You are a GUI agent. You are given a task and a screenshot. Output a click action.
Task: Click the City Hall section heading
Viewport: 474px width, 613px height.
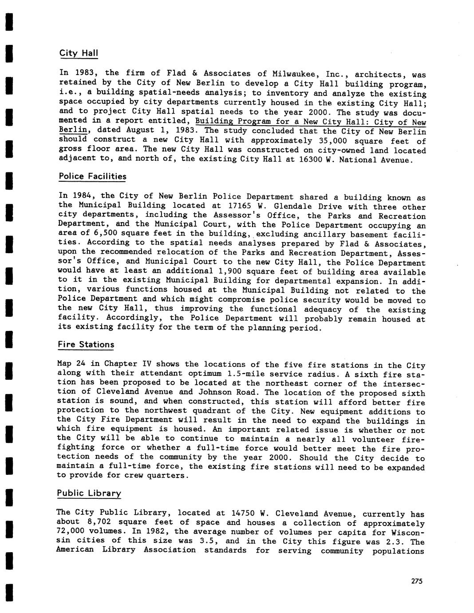pyautogui.click(x=79, y=53)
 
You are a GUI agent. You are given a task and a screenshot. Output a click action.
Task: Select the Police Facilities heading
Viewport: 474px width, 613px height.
pyautogui.click(x=92, y=176)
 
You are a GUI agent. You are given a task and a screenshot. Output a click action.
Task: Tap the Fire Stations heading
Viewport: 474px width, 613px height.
pyautogui.click(x=86, y=344)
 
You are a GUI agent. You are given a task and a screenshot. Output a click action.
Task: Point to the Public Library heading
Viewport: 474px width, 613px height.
pyautogui.click(x=89, y=493)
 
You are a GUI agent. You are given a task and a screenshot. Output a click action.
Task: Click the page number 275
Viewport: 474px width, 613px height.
pyautogui.click(x=417, y=581)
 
